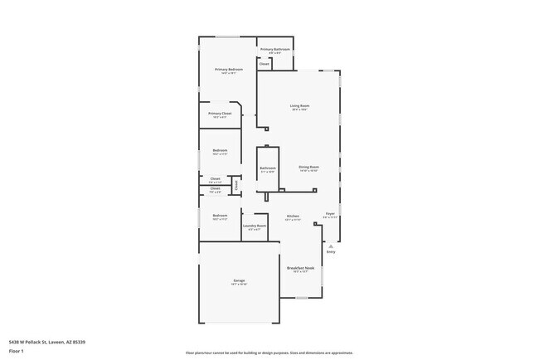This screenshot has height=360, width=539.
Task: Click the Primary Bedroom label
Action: coord(228,69)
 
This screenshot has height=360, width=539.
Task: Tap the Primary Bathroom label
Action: coord(274,49)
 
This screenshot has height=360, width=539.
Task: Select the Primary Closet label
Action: coord(220,113)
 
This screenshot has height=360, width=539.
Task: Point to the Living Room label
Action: coord(299,105)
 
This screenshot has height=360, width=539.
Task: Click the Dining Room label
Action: coord(308,167)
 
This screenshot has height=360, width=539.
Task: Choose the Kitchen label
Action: coord(293,216)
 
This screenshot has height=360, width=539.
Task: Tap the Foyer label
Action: coord(329,214)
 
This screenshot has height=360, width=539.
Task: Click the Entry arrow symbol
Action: coord(330,246)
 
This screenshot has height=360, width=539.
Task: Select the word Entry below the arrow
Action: coord(330,252)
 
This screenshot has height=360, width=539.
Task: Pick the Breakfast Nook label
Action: coord(300,268)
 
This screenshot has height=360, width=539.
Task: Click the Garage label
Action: coord(238,281)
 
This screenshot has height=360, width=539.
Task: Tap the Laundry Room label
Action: coord(255,226)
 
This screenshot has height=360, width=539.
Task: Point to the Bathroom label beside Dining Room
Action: coord(267,168)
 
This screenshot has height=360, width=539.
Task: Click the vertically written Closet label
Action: coord(236,186)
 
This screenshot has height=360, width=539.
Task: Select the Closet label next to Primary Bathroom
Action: coord(265,64)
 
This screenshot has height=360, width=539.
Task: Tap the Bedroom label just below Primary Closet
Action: coord(219,150)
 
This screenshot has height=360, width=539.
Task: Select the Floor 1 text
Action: coord(16,351)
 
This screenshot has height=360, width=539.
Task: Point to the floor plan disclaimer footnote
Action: coord(269,352)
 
